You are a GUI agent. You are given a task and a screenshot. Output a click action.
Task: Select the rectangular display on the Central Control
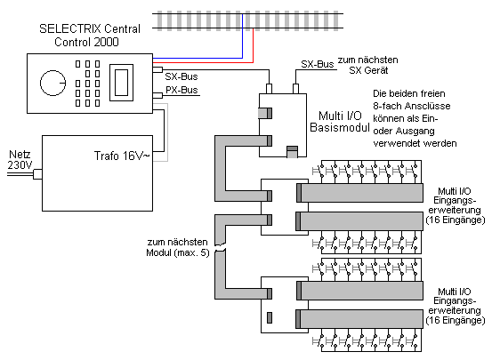tap(121, 83)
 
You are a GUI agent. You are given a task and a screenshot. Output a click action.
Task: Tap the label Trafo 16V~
tap(122, 156)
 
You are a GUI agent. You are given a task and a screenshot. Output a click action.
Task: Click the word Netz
tap(20, 155)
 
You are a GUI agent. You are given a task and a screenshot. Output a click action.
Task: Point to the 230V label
tap(20, 165)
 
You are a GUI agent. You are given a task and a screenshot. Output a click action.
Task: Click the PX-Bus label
tap(181, 90)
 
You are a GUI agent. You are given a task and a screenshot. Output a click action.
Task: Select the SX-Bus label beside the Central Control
tap(181, 76)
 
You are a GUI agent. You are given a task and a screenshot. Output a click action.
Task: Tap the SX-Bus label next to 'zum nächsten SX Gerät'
tap(318, 64)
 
